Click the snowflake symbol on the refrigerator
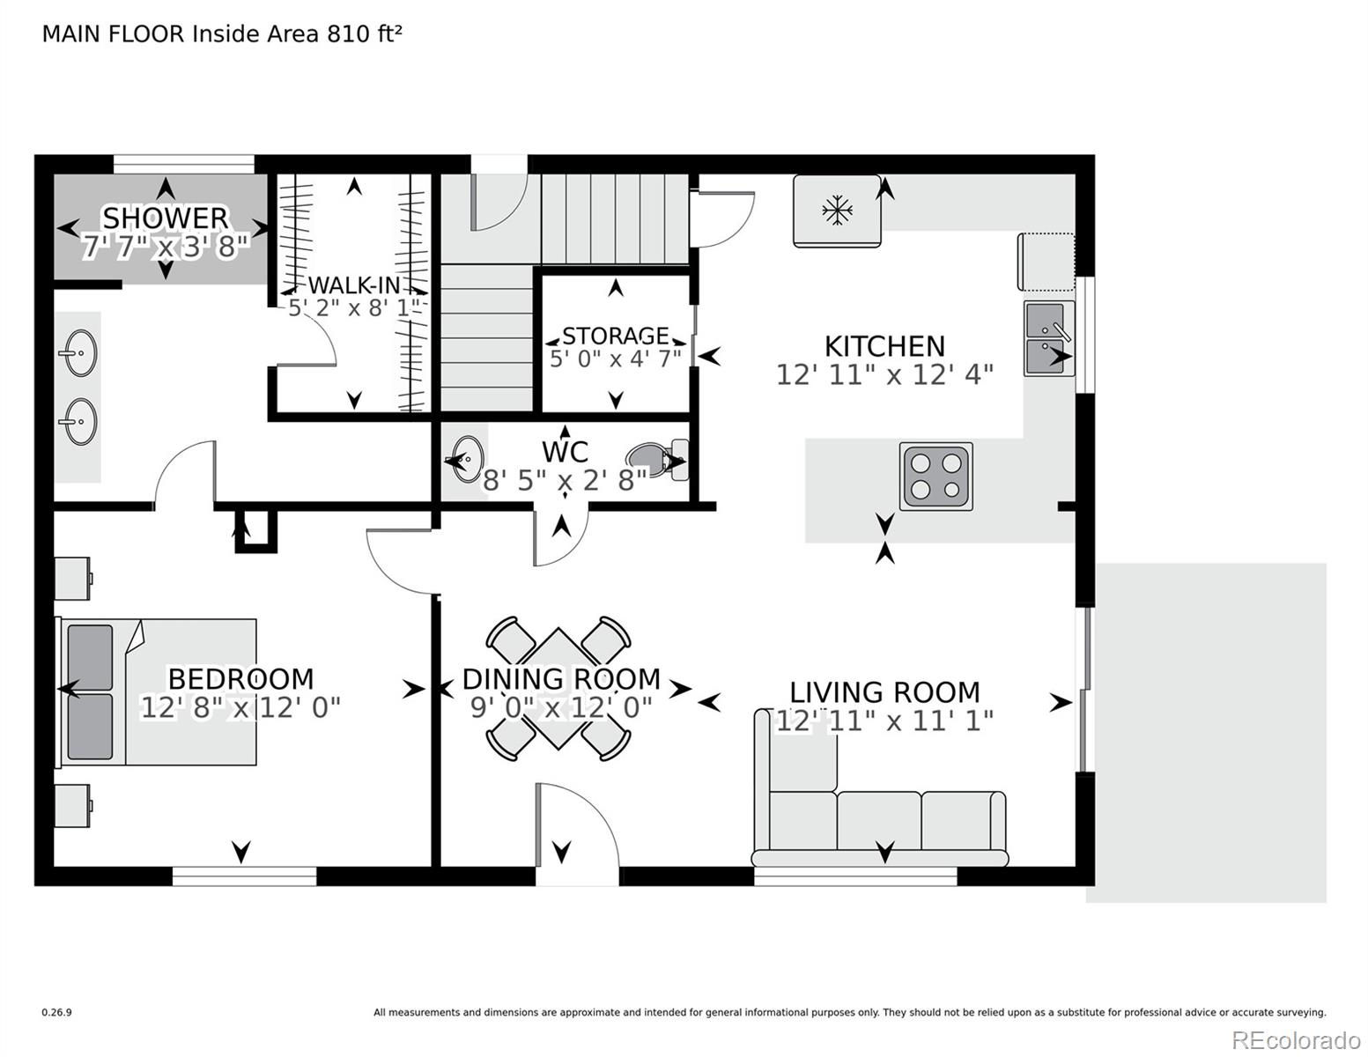[x=837, y=211]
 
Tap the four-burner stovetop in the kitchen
[x=936, y=476]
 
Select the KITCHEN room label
[x=884, y=346]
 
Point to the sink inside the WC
[x=467, y=459]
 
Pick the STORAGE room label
[x=615, y=336]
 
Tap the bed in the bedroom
[x=156, y=691]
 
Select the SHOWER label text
[x=165, y=218]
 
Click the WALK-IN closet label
[x=354, y=285]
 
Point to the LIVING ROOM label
[x=884, y=692]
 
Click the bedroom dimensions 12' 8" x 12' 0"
[x=240, y=707]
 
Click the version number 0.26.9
[x=56, y=1012]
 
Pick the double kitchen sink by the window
[x=1049, y=338]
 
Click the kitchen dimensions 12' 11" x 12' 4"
[x=884, y=375]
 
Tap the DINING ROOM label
[x=561, y=679]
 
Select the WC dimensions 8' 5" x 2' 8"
[x=565, y=481]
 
